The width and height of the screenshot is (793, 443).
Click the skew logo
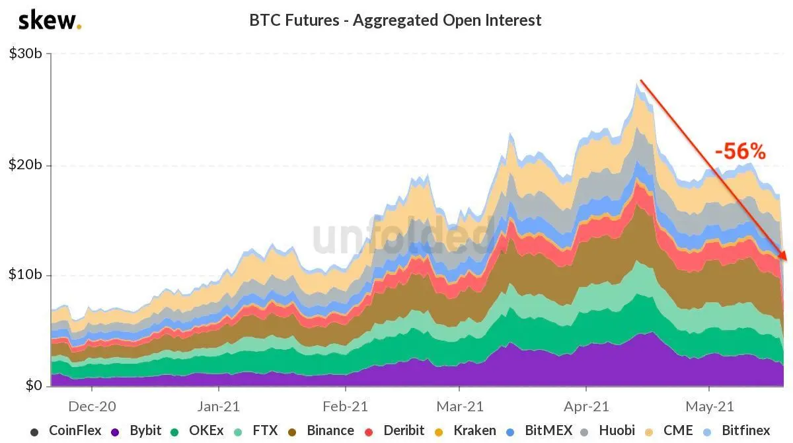pos(50,21)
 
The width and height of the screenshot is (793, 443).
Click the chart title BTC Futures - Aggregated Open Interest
pos(395,20)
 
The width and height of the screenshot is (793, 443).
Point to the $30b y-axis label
pos(26,54)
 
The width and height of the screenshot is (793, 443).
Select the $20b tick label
pos(26,165)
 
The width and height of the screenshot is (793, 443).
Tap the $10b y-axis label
pos(26,274)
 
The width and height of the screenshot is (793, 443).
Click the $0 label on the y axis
pos(34,385)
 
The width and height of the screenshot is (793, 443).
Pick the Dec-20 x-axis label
pos(92,406)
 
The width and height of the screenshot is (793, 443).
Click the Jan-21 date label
pos(219,406)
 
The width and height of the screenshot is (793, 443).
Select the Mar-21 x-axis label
pos(460,406)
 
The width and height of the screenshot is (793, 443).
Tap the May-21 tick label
pos(710,406)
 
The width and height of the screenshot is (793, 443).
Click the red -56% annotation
pos(741,151)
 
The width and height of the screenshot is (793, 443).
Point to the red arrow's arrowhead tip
pos(786,261)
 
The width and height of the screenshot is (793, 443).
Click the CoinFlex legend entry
pos(66,430)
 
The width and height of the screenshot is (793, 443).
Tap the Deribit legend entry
pos(395,430)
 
